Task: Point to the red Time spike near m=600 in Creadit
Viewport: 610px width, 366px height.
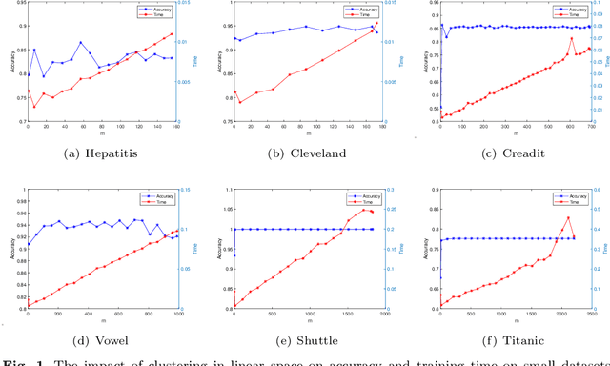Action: click(x=571, y=38)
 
